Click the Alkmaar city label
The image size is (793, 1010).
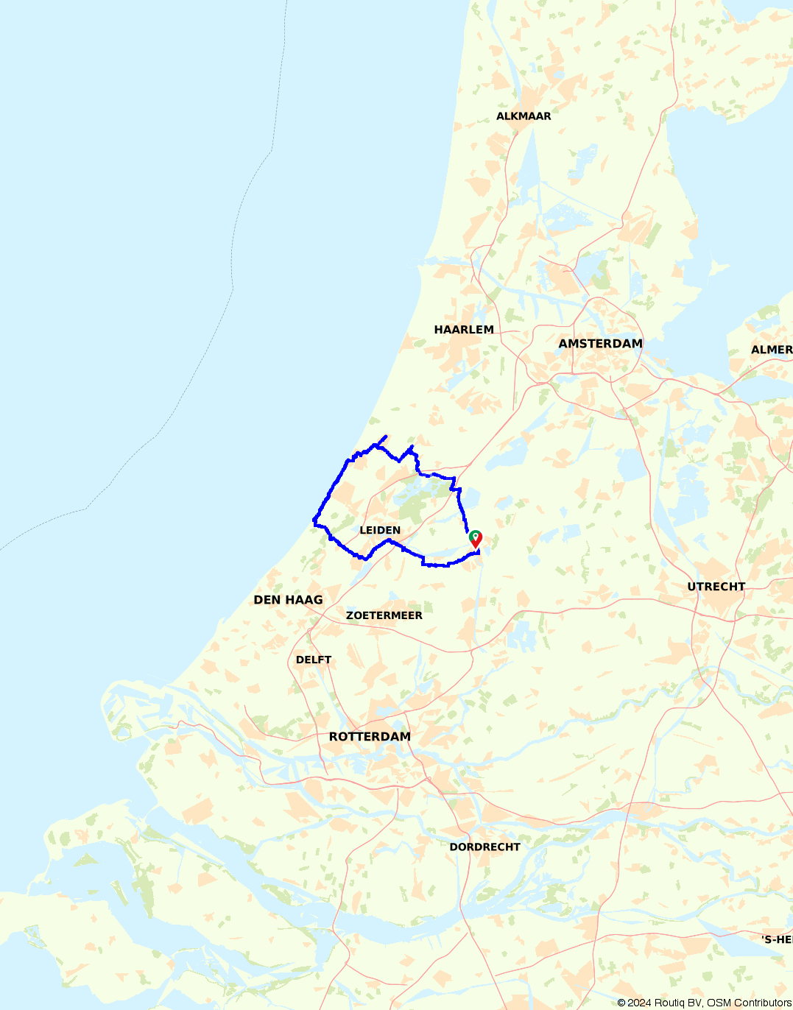click(524, 116)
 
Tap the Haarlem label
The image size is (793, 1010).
click(464, 330)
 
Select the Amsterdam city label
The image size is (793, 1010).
click(600, 344)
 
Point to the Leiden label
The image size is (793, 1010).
click(380, 530)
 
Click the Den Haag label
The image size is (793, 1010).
click(288, 600)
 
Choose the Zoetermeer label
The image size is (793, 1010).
click(384, 615)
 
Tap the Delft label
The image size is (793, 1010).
click(314, 660)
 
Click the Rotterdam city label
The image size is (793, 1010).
click(370, 737)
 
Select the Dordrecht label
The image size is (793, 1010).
click(484, 847)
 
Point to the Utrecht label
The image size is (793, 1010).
click(716, 587)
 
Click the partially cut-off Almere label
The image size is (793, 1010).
click(771, 350)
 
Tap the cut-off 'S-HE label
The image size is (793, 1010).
click(777, 940)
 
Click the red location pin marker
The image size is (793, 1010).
click(476, 539)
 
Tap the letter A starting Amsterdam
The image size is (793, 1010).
click(563, 344)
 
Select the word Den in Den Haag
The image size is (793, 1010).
click(266, 600)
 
